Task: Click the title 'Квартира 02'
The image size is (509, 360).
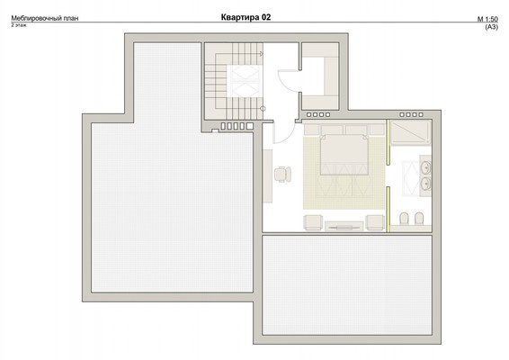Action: click(x=246, y=17)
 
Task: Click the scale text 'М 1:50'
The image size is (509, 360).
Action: click(x=487, y=19)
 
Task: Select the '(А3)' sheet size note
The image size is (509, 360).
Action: click(x=491, y=27)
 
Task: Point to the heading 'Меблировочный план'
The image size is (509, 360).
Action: click(x=45, y=18)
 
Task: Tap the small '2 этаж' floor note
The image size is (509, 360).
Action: click(x=19, y=25)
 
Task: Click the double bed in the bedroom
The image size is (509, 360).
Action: click(x=344, y=154)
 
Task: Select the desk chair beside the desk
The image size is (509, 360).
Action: click(x=282, y=175)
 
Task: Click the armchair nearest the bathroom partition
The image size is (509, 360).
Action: click(x=375, y=223)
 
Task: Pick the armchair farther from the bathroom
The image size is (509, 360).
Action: click(x=313, y=223)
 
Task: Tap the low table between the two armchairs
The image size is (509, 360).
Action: click(x=344, y=226)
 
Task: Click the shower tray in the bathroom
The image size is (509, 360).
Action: click(x=411, y=133)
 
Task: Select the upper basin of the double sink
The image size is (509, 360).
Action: click(x=425, y=167)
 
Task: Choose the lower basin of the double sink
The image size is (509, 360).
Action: click(x=425, y=184)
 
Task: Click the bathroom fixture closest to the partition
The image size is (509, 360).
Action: click(x=404, y=219)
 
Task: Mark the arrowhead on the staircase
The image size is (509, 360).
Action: click(x=262, y=54)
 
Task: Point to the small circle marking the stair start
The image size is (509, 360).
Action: click(x=263, y=109)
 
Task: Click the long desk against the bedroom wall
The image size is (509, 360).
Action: click(x=267, y=176)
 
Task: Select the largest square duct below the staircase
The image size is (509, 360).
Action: click(x=250, y=126)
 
